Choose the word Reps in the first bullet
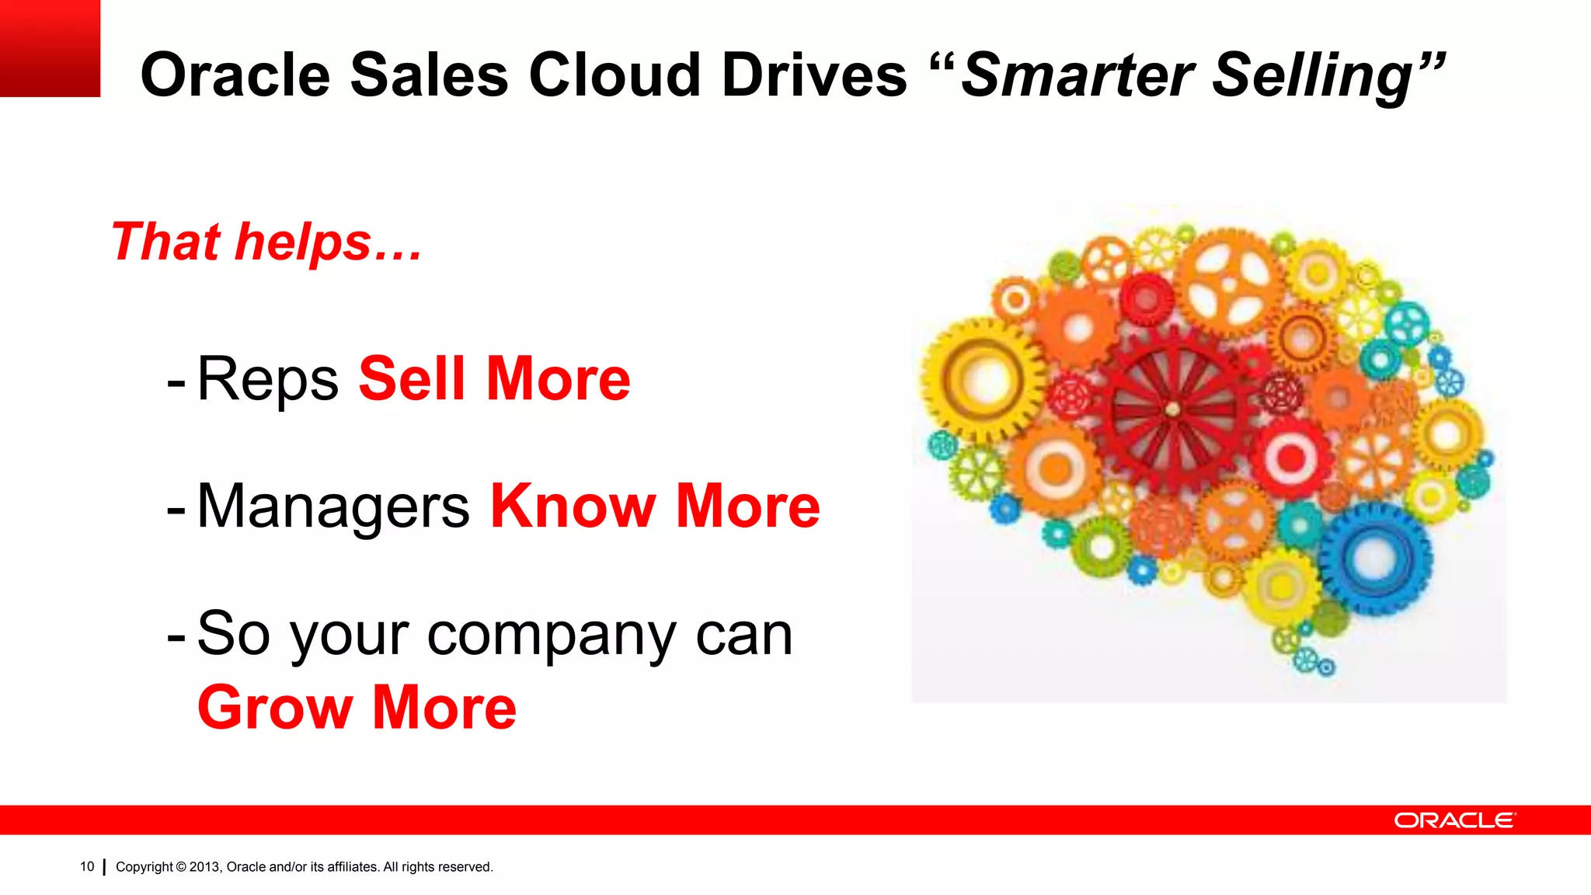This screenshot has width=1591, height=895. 268,379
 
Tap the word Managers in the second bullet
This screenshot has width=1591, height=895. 333,507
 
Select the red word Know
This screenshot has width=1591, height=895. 573,507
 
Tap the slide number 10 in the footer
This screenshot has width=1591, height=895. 87,866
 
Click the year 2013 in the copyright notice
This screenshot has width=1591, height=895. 205,867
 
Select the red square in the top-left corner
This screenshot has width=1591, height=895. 50,48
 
